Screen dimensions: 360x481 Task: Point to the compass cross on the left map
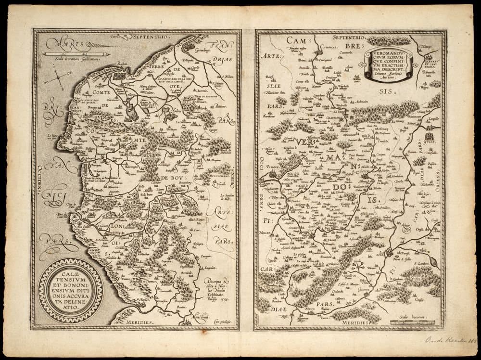pos(58,77)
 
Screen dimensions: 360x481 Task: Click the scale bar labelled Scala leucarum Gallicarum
pos(76,53)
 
